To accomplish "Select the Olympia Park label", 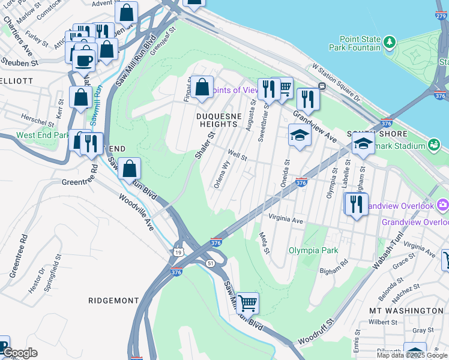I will pyautogui.click(x=313, y=250).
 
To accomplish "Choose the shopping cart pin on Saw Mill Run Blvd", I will pyautogui.click(x=247, y=303).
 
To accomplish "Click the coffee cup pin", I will pyautogui.click(x=83, y=60).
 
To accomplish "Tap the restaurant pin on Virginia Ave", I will pyautogui.click(x=356, y=204).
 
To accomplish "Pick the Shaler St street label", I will pyautogui.click(x=204, y=146).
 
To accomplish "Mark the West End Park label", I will pyautogui.click(x=42, y=136).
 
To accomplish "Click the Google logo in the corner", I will pyautogui.click(x=19, y=353).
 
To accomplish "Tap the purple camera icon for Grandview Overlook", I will pyautogui.click(x=443, y=205).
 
